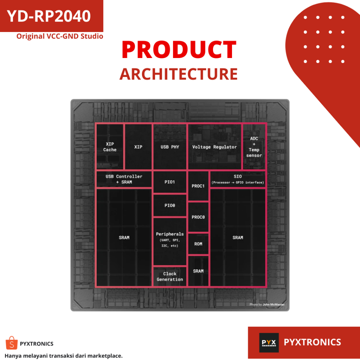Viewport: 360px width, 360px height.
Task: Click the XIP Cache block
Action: pos(110,147)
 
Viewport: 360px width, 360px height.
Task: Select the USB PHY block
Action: pos(170,147)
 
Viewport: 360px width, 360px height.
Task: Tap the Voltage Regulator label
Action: pos(214,147)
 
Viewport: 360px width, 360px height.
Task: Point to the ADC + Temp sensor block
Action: pos(254,147)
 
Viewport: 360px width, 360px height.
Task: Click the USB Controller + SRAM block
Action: pos(124,179)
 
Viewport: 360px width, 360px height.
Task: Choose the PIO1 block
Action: pos(170,182)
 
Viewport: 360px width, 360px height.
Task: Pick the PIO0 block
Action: pos(170,205)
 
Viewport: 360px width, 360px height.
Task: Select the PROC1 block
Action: pos(198,186)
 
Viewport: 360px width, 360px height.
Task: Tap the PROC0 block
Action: pos(198,217)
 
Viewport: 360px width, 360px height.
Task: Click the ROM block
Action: pos(198,244)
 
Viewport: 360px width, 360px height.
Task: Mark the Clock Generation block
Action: pos(170,276)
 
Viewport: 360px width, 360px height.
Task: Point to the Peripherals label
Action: pos(170,234)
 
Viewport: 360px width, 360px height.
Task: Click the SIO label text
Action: pos(238,176)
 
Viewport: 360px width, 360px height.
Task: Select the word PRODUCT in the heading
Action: pos(179,50)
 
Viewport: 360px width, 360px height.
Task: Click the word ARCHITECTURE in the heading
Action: pos(179,74)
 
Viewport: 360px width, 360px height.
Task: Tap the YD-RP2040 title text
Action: pos(49,16)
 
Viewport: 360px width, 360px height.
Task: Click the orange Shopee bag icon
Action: pos(11,343)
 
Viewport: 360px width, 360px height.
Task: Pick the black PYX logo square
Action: pos(269,342)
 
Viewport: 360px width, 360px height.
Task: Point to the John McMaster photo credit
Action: pos(267,304)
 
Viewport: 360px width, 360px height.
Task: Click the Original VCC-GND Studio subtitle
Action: pos(60,36)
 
